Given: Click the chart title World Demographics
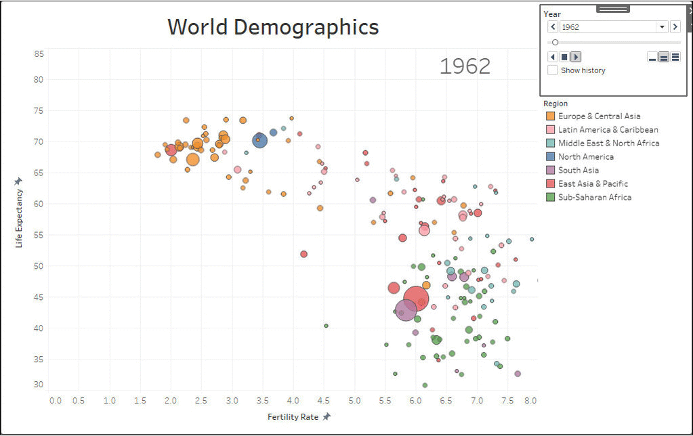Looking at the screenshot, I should pos(273,27).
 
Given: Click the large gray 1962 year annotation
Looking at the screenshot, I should pos(465,66).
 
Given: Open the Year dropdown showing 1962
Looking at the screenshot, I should pos(662,27).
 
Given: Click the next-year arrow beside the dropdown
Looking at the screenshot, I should pos(675,27).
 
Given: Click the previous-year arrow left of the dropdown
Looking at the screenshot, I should pos(553,27).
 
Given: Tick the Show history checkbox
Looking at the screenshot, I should pos(553,70).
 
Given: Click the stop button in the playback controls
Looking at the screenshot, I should pos(564,57).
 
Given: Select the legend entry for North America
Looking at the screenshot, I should pos(585,157).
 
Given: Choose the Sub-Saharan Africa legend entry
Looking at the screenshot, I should pos(594,198).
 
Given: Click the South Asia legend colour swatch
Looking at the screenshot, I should pos(550,171).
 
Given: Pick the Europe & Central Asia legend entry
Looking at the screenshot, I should pos(599,116).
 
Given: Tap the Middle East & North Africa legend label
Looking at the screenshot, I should pos(608,144).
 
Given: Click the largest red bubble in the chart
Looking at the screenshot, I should pos(416,299).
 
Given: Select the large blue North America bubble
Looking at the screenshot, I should pos(260,140).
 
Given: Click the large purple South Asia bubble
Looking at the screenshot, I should pos(405,310).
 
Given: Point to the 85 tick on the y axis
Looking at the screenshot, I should pos(39,53).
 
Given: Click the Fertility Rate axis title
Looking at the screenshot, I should pos(293,417).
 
